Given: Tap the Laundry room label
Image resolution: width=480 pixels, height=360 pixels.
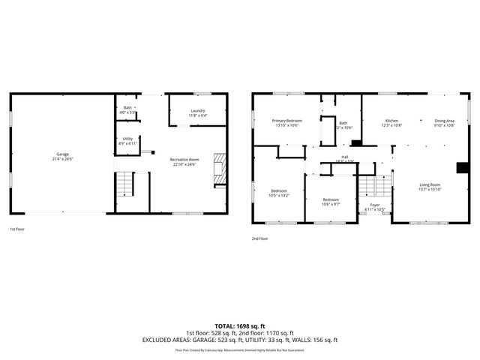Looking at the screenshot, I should (198, 111).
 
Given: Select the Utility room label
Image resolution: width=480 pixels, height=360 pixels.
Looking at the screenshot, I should (127, 139).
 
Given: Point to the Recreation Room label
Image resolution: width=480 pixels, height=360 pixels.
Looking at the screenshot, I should (184, 160).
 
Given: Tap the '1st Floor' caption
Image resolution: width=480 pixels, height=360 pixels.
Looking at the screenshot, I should (18, 229).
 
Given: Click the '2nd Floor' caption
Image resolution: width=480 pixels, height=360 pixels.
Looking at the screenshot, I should (260, 239).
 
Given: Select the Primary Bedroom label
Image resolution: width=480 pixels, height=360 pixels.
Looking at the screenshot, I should (286, 121).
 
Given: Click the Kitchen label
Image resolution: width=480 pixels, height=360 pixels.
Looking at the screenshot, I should (391, 121).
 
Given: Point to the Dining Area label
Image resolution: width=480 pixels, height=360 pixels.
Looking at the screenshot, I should (445, 121).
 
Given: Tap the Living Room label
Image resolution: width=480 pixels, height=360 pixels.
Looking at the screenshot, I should (429, 184).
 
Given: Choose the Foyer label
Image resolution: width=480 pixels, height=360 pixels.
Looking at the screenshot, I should (374, 205).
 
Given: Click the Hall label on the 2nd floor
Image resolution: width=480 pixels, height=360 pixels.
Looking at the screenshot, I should (345, 157).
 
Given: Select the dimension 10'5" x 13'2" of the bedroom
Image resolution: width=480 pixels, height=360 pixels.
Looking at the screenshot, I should (279, 195).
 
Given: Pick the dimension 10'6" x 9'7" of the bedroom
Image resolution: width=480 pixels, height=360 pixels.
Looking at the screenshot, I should (331, 204).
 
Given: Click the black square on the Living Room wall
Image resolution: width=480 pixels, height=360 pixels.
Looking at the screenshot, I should (463, 167).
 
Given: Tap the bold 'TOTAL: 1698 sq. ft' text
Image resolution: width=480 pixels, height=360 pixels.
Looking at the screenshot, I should (239, 325).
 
